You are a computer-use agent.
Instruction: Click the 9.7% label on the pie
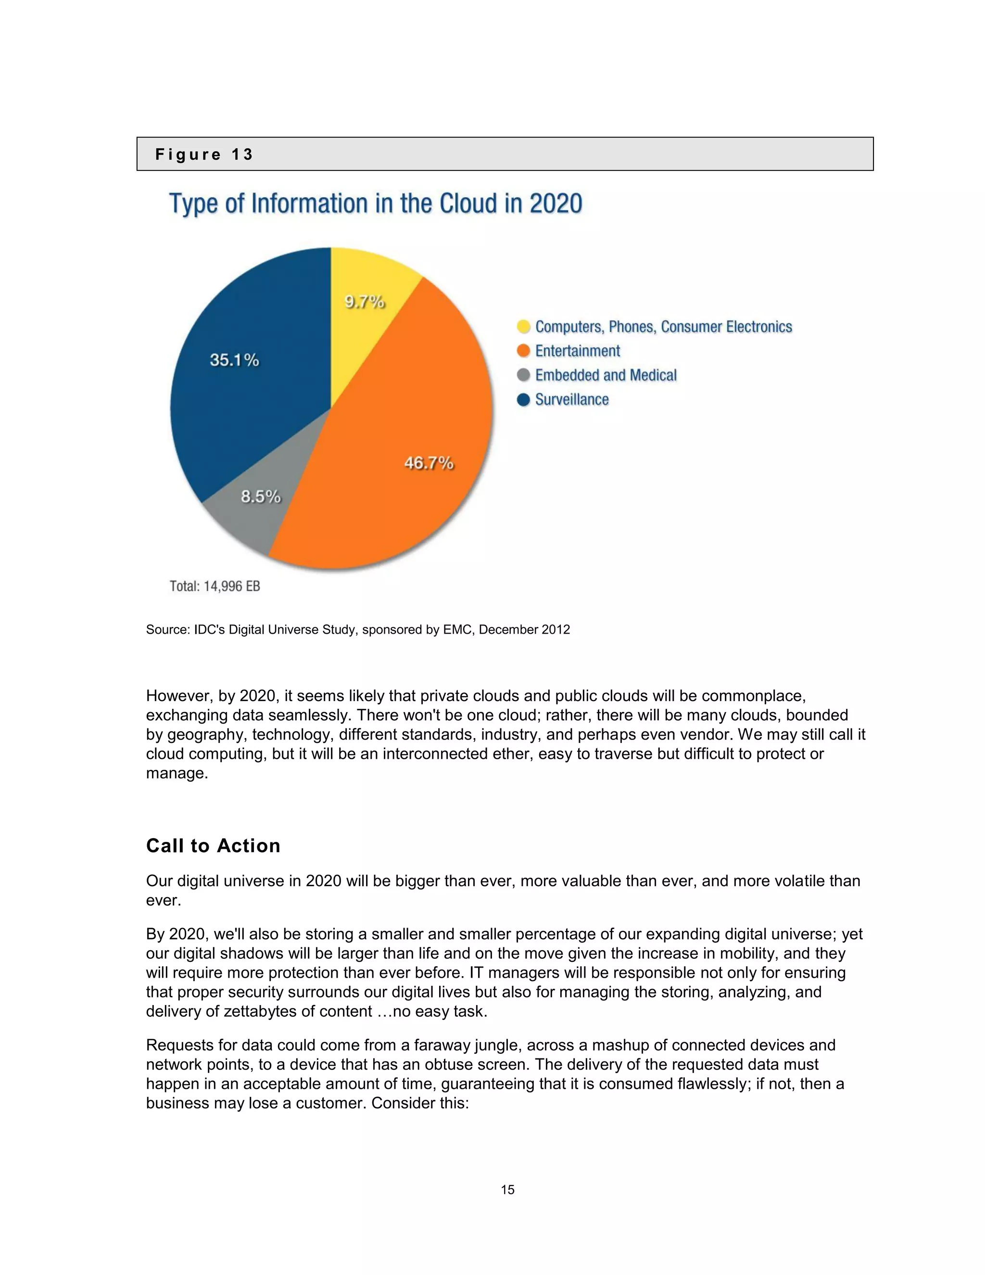tap(364, 302)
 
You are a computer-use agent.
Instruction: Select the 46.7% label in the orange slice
tap(429, 463)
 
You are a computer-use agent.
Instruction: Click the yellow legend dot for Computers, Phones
tap(523, 326)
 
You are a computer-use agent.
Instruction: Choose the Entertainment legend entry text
tap(577, 351)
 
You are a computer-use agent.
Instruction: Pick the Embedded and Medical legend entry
tap(606, 375)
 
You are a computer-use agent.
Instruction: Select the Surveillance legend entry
tap(571, 399)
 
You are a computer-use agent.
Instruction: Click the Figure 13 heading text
tap(203, 155)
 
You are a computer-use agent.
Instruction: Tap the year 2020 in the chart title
tap(556, 204)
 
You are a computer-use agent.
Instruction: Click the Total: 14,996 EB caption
tap(215, 586)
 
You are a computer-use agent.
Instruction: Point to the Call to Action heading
tap(213, 845)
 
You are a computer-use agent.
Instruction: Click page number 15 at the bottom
tap(507, 1190)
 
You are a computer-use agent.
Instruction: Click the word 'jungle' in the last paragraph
tap(496, 1045)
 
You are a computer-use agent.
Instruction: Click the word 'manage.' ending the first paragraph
tap(177, 773)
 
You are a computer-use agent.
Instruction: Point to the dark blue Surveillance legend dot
tap(523, 399)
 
